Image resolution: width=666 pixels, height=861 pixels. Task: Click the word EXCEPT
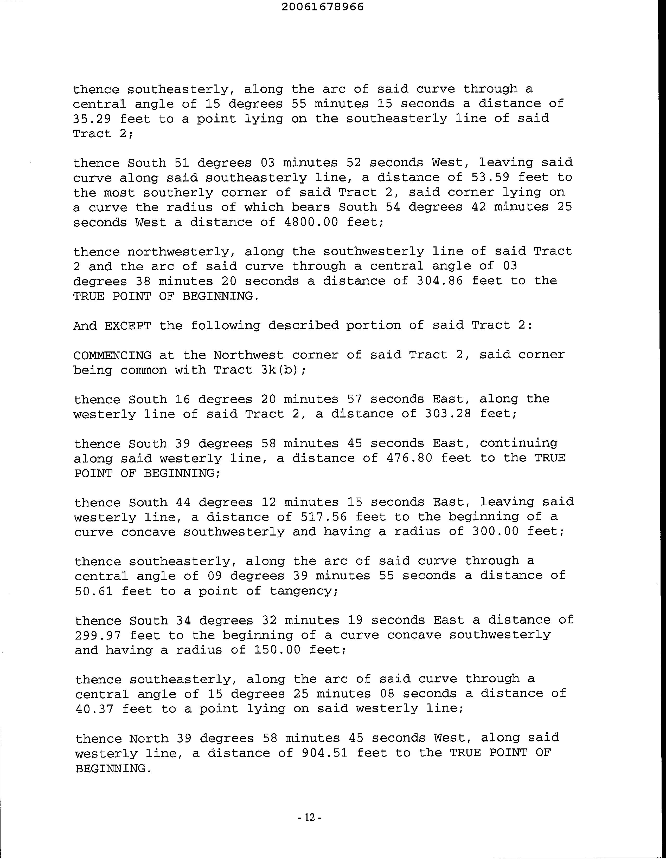[128, 326]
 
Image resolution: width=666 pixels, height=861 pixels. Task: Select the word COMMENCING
[112, 355]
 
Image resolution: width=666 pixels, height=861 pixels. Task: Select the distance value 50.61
[94, 591]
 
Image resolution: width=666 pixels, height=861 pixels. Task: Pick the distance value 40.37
[95, 709]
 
